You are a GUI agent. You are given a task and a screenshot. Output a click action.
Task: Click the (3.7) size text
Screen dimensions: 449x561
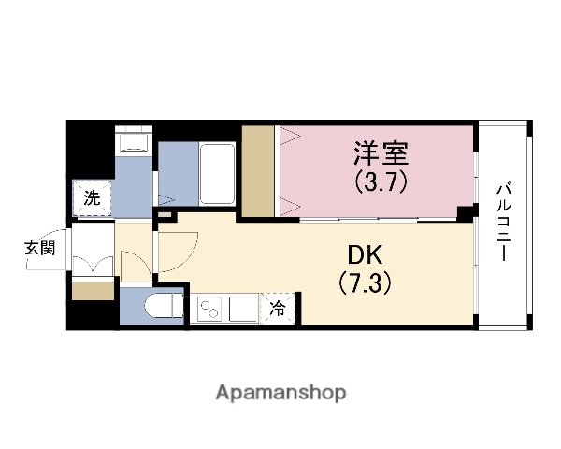click(381, 181)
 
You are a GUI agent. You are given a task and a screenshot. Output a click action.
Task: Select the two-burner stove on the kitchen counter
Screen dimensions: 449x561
click(210, 307)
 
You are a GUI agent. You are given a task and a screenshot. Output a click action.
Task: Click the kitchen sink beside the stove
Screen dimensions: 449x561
click(243, 307)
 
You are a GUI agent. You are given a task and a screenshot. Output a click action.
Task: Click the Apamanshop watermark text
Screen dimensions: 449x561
click(280, 392)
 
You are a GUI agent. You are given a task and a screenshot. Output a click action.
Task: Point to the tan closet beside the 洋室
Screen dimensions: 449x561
click(258, 171)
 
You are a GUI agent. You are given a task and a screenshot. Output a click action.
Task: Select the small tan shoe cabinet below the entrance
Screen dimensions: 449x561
click(93, 291)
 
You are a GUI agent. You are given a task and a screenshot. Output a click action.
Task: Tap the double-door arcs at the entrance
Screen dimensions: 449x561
click(91, 266)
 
